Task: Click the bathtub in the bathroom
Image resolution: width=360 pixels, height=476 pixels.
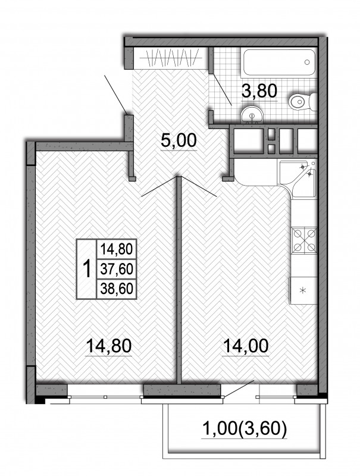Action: tap(278, 62)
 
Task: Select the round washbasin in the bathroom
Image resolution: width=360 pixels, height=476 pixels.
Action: tap(252, 114)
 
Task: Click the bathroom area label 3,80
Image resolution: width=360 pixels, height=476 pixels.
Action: tap(259, 91)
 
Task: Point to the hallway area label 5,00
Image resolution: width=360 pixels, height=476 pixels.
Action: tap(179, 140)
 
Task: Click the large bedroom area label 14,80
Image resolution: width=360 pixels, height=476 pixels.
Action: tap(109, 346)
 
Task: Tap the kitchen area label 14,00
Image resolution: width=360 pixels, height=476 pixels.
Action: tap(246, 346)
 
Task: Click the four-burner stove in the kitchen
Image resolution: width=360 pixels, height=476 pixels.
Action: tap(304, 240)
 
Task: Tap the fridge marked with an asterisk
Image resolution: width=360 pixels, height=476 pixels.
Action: tap(303, 290)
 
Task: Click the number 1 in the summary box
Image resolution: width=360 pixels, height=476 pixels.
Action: tap(87, 269)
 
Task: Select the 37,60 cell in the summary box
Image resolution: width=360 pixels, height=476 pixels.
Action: tap(117, 269)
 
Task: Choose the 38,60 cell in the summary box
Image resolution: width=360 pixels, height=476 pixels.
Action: tap(117, 289)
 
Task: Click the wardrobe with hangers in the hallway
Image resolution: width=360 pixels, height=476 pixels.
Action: tap(171, 58)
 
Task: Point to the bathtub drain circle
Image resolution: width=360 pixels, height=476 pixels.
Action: tap(307, 62)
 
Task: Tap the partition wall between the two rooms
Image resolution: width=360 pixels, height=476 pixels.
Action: tap(179, 280)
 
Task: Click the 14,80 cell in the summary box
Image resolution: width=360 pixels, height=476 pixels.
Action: tap(117, 249)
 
